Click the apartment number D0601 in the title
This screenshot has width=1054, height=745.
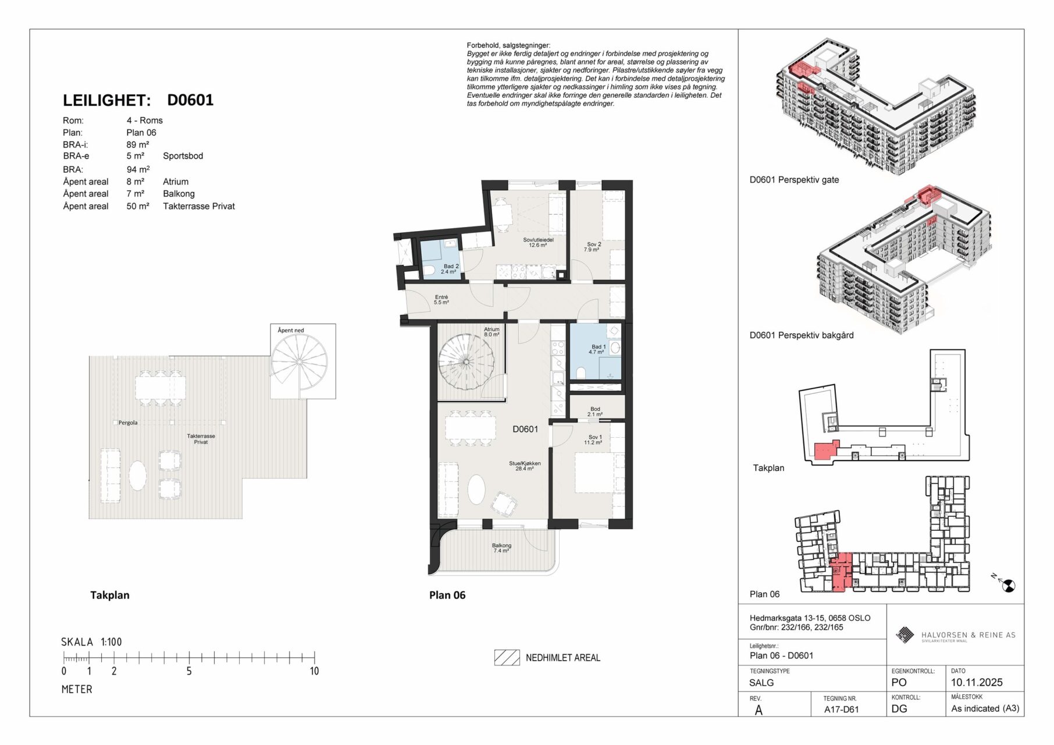190,100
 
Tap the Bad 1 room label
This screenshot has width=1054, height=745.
598,349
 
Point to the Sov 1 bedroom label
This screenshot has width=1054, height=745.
593,439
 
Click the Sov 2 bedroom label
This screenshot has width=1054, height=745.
592,247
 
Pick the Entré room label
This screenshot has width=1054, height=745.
441,300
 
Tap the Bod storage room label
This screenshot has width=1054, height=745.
595,411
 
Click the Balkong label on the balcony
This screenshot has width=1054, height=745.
501,548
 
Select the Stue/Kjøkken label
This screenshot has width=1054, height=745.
525,466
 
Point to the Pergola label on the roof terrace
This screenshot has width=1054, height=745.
128,423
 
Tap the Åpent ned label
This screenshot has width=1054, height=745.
291,330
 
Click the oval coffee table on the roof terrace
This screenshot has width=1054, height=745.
137,476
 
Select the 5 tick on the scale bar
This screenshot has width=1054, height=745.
189,658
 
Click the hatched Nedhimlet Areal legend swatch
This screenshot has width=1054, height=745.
507,657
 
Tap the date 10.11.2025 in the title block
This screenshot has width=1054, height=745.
977,682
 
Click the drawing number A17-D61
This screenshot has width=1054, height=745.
841,709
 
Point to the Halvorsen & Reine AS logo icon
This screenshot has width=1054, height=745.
905,635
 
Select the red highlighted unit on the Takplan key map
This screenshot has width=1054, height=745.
825,451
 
